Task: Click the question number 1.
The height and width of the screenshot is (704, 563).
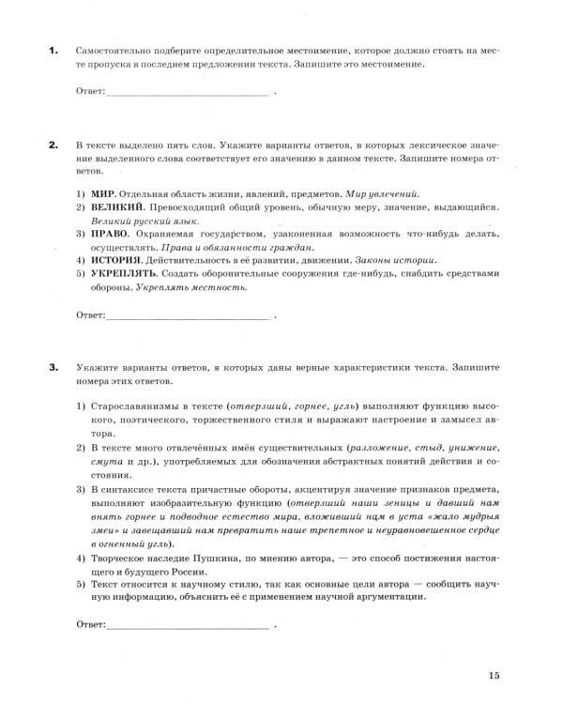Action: pyautogui.click(x=53, y=50)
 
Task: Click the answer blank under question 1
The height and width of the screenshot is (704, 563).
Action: pyautogui.click(x=188, y=92)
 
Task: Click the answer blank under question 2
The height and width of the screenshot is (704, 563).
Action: pyautogui.click(x=188, y=316)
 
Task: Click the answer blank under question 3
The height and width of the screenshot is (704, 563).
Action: pyautogui.click(x=188, y=624)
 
